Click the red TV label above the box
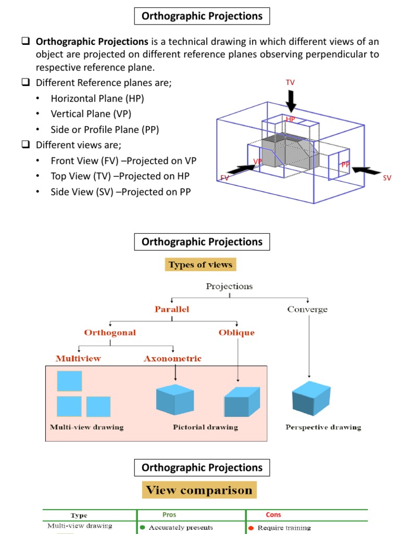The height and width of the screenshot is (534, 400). pyautogui.click(x=290, y=83)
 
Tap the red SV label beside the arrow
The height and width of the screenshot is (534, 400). pyautogui.click(x=387, y=178)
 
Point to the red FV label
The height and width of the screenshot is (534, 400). pyautogui.click(x=224, y=178)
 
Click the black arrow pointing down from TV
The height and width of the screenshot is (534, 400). pyautogui.click(x=291, y=100)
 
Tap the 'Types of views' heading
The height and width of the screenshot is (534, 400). pyautogui.click(x=201, y=264)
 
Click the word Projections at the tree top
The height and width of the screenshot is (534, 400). pyautogui.click(x=229, y=286)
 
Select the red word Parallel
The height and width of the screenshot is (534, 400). pyautogui.click(x=172, y=309)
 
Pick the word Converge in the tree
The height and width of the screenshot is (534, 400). pyautogui.click(x=307, y=309)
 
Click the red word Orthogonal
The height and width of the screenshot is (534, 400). pyautogui.click(x=110, y=332)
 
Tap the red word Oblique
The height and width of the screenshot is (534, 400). pyautogui.click(x=237, y=332)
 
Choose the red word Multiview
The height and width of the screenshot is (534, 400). pyautogui.click(x=78, y=358)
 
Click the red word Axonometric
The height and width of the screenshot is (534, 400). pyautogui.click(x=172, y=358)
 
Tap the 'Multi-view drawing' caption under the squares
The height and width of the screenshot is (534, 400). pyautogui.click(x=87, y=427)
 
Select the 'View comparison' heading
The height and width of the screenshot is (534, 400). pyautogui.click(x=199, y=490)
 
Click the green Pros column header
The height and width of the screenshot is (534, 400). pyautogui.click(x=169, y=514)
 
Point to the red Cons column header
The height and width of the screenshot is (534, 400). pyautogui.click(x=273, y=514)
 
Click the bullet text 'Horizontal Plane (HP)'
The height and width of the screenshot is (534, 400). pyautogui.click(x=97, y=99)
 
